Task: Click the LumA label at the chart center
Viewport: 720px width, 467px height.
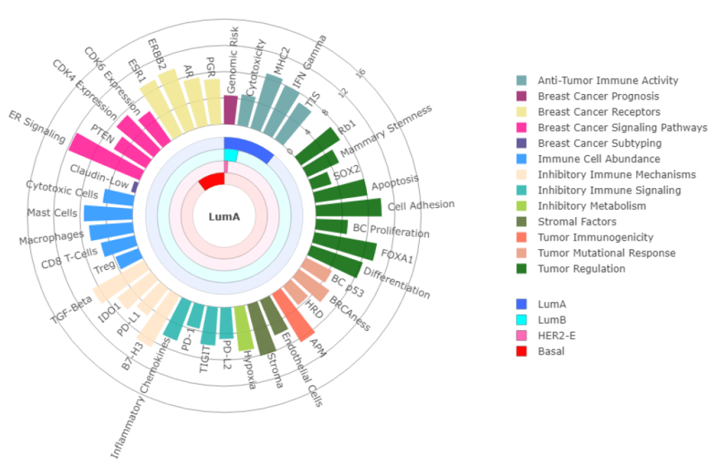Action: [224, 216]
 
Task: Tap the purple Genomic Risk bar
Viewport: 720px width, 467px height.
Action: [230, 111]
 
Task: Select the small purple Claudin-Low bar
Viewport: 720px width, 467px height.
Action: [135, 186]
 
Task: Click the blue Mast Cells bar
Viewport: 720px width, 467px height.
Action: [108, 213]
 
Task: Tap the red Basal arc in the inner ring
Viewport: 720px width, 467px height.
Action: [212, 182]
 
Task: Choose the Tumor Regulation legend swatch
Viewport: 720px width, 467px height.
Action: [522, 268]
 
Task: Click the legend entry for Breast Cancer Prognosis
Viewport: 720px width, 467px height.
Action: [598, 96]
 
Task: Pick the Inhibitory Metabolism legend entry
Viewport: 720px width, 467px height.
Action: [591, 206]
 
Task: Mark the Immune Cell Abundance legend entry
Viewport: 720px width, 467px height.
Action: [598, 159]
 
